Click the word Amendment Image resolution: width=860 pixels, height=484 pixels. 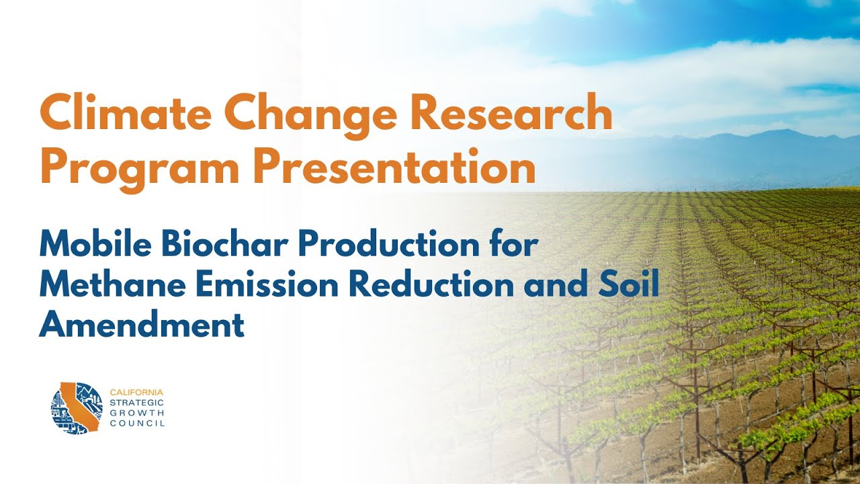coord(142,325)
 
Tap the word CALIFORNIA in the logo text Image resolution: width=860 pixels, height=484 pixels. coord(136,392)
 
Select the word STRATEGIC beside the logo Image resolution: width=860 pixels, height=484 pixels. coord(134,402)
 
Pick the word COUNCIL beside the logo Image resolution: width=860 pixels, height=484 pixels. coord(136,424)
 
